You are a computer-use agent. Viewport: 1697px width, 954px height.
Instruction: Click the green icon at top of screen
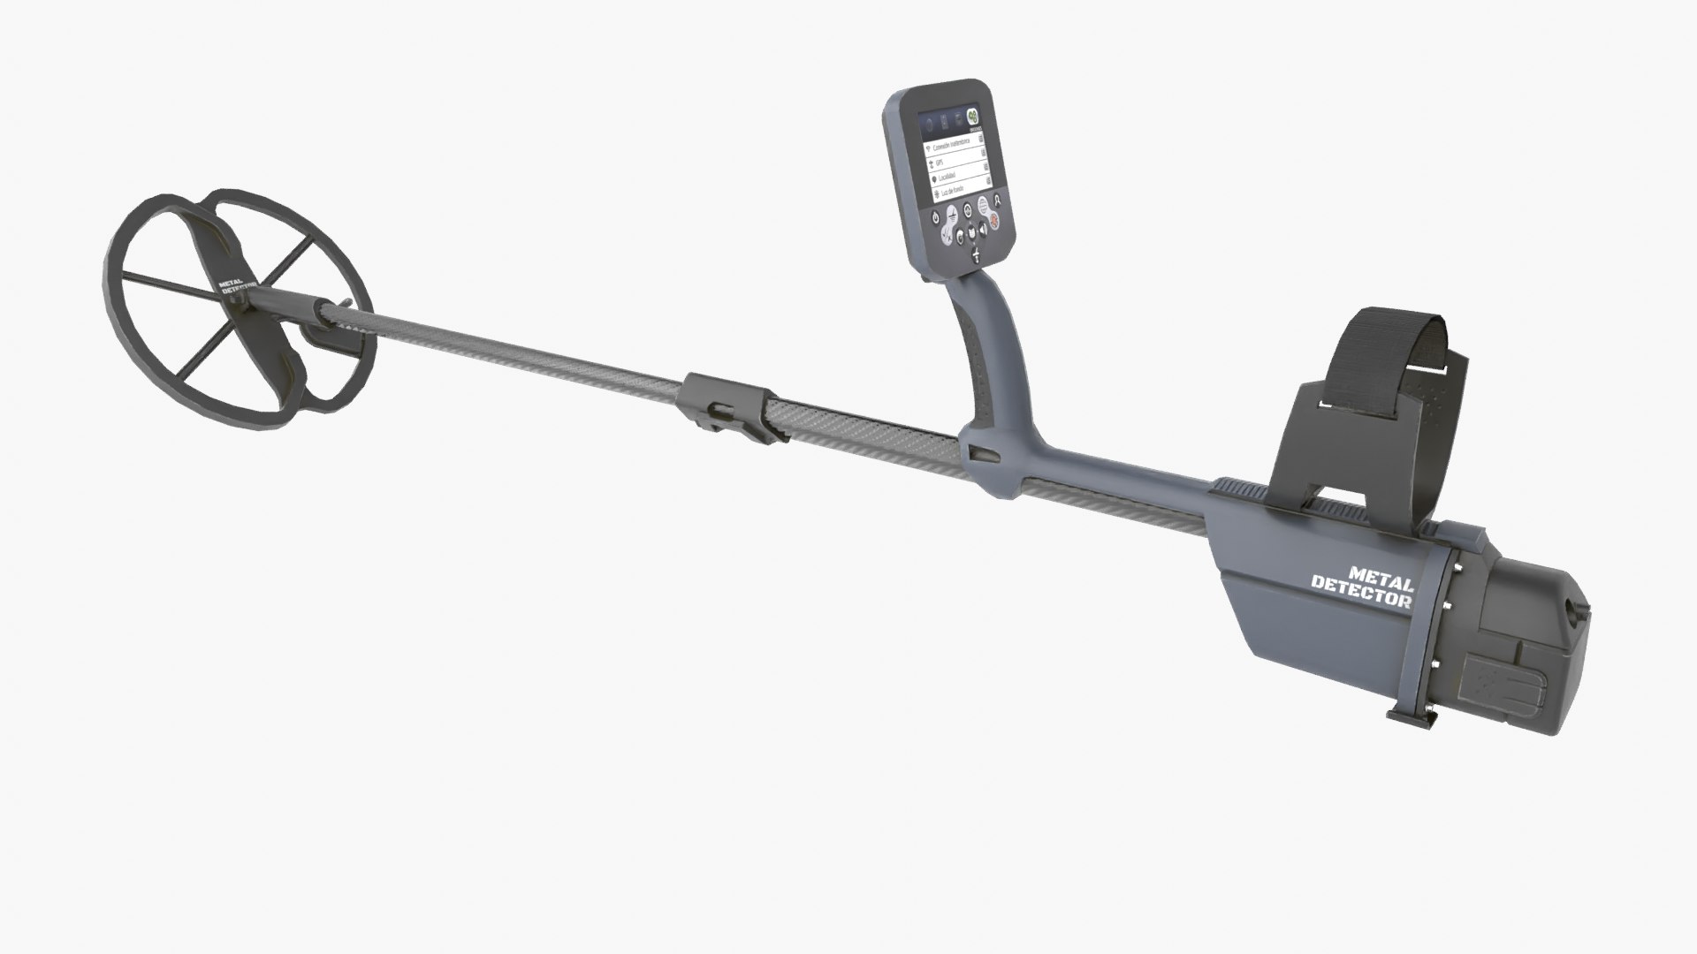point(972,116)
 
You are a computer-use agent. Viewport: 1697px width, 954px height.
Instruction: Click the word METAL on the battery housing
point(1381,575)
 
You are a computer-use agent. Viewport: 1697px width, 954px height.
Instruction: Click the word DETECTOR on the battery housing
point(1361,591)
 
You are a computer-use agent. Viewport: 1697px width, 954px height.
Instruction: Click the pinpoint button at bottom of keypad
point(975,253)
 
